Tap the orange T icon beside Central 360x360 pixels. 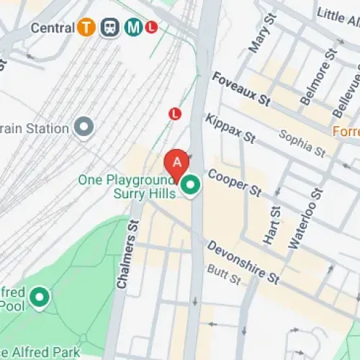point(88,27)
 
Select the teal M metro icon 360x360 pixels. point(133,27)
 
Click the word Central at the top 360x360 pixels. point(54,27)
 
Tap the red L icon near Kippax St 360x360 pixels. point(174,113)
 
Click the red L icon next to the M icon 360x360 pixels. point(151,27)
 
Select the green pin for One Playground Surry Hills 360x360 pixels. point(190,186)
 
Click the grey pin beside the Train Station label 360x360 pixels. point(86,128)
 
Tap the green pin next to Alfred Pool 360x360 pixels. point(39,296)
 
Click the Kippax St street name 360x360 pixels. point(230,127)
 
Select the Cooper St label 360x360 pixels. point(235,182)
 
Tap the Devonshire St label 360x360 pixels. point(243,261)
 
